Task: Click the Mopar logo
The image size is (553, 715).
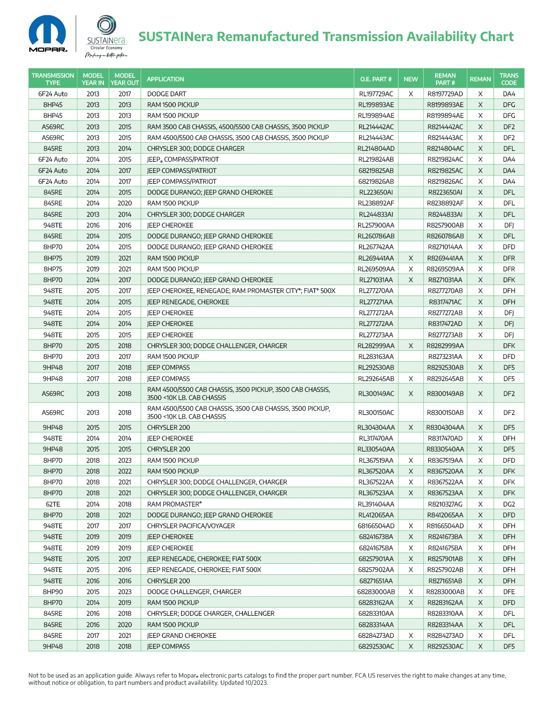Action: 48,34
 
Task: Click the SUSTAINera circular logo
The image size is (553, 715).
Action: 107,26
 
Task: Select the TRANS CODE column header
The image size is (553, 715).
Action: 509,79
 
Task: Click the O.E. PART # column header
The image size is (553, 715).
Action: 375,79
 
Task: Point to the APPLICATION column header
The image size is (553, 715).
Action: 165,79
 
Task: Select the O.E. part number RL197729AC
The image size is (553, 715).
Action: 375,94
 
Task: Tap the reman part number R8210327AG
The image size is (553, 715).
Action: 445,504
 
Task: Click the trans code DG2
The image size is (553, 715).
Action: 509,504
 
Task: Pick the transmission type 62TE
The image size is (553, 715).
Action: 53,504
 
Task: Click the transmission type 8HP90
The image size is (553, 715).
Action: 53,592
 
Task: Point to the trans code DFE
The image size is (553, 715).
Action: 509,592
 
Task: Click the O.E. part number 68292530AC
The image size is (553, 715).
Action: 375,646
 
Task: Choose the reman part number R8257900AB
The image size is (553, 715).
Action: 445,225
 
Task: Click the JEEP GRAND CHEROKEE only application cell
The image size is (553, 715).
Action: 182,636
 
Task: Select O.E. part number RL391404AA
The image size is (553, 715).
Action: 375,504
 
